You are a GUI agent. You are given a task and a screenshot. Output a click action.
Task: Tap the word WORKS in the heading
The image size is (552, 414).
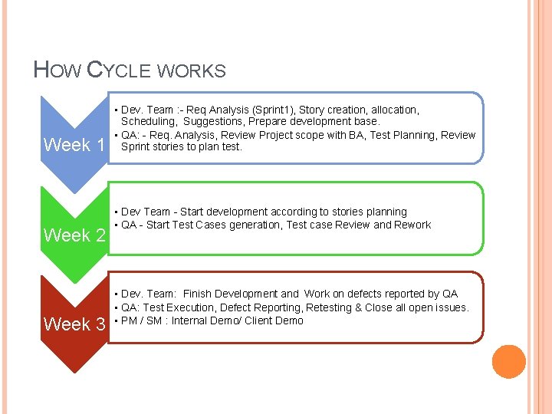tap(191, 72)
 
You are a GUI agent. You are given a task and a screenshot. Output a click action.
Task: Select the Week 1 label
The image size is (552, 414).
tap(74, 145)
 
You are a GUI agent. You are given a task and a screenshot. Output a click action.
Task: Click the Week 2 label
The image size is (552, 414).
tap(74, 235)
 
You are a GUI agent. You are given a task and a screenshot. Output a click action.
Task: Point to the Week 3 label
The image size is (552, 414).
tap(74, 324)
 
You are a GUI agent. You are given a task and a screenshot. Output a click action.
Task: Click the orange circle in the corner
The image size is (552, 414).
tap(508, 362)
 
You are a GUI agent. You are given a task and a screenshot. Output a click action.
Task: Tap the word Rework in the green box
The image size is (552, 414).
tap(413, 225)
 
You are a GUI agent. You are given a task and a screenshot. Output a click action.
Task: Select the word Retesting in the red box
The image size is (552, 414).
tap(329, 307)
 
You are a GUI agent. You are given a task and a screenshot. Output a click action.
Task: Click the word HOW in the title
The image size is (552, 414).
tap(58, 71)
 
